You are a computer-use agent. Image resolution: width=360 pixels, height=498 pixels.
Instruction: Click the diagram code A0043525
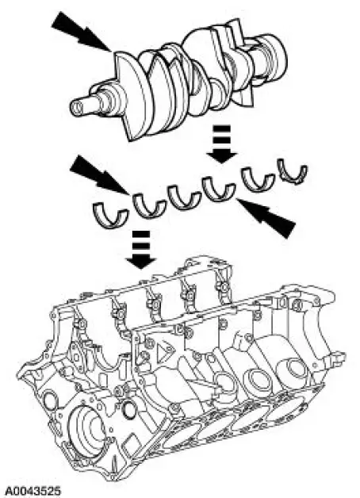[x=33, y=491]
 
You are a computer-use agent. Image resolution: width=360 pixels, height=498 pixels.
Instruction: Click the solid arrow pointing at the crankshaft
[x=81, y=31]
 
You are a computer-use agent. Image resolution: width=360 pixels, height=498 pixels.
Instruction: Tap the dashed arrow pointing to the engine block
[x=141, y=250]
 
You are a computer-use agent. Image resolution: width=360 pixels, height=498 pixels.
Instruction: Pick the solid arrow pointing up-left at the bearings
[x=266, y=217]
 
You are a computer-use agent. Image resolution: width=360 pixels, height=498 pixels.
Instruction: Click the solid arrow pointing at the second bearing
[x=99, y=175]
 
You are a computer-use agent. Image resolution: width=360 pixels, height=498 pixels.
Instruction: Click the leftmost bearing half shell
[x=110, y=215]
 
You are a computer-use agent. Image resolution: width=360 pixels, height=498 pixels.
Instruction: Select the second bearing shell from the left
[x=149, y=206]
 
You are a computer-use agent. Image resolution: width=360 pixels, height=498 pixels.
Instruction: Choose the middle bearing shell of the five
[x=184, y=197]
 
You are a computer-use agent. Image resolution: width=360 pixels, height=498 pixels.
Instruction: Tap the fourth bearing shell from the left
[x=219, y=189]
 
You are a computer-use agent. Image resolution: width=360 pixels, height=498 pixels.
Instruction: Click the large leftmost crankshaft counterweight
[x=133, y=95]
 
